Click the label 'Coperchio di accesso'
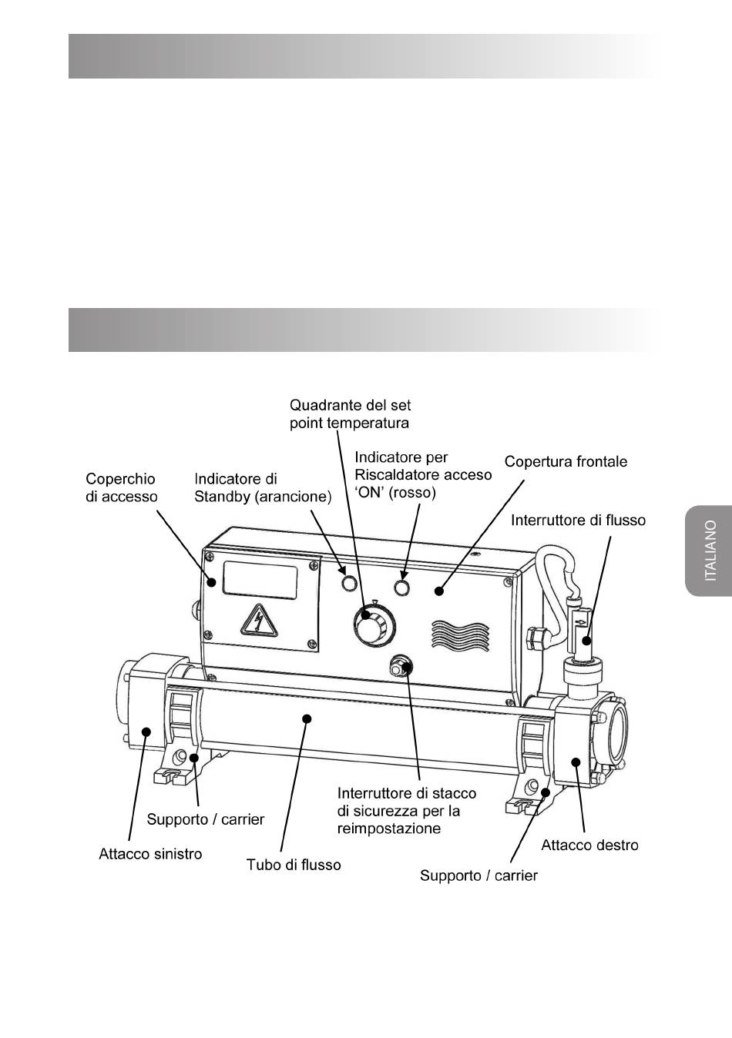[121, 487]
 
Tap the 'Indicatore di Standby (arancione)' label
[262, 488]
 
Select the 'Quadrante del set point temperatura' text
[350, 414]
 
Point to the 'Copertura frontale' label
[566, 461]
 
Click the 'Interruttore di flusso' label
[578, 521]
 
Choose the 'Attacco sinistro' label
[150, 853]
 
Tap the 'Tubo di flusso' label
[293, 865]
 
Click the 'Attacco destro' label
[589, 845]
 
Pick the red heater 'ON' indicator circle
[401, 588]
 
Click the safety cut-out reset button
[401, 665]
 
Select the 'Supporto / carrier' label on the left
[205, 819]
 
